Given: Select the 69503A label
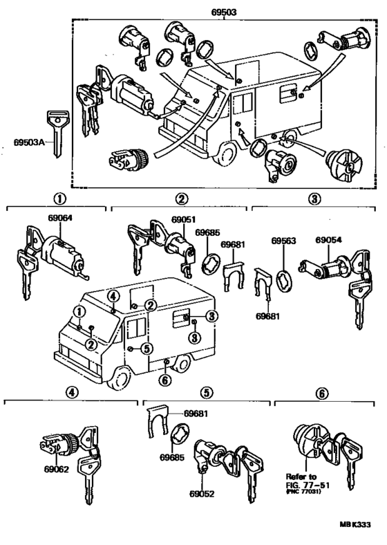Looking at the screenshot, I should pyautogui.click(x=29, y=143).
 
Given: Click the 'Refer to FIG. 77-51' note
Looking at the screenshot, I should pyautogui.click(x=304, y=481).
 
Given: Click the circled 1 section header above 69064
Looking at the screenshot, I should pyautogui.click(x=59, y=199).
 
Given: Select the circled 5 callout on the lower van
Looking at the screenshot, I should pyautogui.click(x=146, y=349).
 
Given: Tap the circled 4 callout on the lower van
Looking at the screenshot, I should pyautogui.click(x=113, y=297).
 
